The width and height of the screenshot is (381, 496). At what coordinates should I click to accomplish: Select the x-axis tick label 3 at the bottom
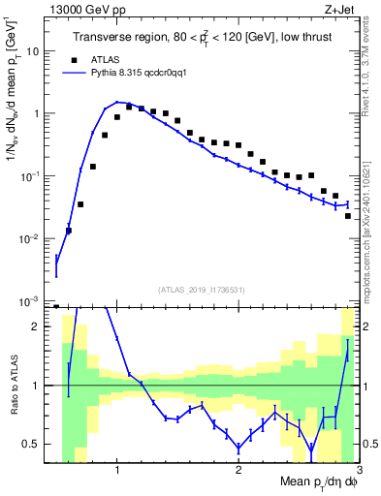click(x=359, y=472)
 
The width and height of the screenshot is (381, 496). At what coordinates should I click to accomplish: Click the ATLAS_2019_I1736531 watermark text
click(x=203, y=289)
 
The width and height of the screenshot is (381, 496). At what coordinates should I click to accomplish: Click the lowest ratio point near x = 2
click(x=238, y=449)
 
